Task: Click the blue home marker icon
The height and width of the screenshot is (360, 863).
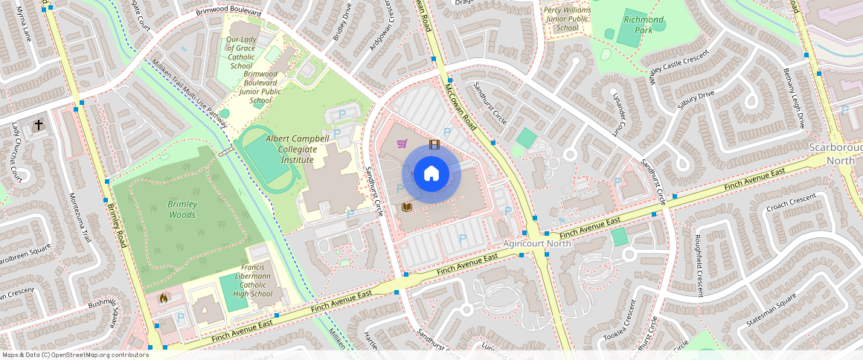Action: coord(431,174)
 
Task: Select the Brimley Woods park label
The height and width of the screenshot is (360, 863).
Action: coord(182,209)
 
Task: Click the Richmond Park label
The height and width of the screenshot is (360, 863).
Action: coord(644,25)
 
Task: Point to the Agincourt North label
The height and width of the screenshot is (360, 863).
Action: coord(536,243)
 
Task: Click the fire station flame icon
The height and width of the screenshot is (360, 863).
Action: coord(163,297)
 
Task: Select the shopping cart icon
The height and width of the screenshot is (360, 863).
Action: coord(402,143)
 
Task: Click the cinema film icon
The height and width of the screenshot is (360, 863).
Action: coord(434,144)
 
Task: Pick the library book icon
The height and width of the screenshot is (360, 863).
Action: coord(406,206)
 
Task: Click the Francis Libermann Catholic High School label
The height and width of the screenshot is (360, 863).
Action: coord(252,280)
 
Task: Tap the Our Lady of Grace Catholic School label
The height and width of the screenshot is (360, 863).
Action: coord(242,53)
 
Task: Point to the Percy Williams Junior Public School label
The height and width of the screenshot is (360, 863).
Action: coord(567,19)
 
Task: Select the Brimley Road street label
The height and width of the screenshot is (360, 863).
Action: coord(117,223)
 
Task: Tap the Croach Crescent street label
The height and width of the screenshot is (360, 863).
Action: coord(792,202)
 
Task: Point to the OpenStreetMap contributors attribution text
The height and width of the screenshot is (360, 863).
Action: coord(75,355)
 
